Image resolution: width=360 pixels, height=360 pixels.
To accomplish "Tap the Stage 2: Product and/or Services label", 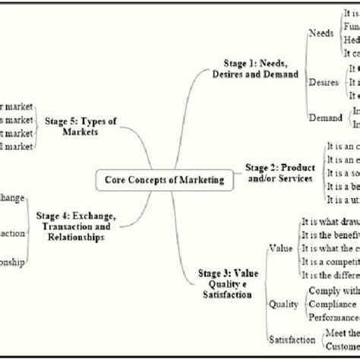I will (x=279, y=172).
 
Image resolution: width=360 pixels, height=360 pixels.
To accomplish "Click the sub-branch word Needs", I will (x=321, y=33).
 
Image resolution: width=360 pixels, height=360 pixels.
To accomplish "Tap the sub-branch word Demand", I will (x=325, y=117).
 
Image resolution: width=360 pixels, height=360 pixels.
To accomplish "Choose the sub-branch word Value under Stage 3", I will (x=280, y=248).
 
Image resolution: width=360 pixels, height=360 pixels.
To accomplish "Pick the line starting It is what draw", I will (x=330, y=222).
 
